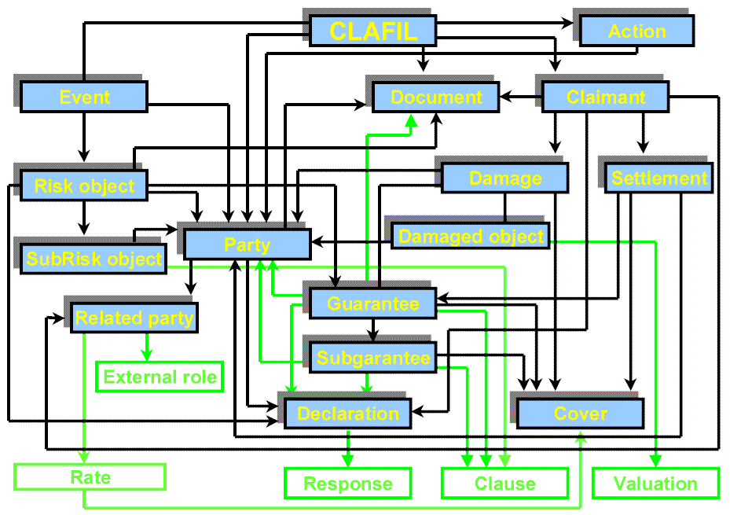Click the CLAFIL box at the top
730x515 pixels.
point(372,31)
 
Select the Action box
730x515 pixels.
point(636,31)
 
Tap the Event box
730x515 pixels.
point(84,97)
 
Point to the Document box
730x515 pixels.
point(436,97)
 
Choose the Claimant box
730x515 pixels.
point(605,97)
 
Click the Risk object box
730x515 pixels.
point(84,186)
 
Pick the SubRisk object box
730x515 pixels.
point(94,259)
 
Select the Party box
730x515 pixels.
point(247,245)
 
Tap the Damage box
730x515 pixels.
point(504,178)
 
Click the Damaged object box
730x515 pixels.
point(471,236)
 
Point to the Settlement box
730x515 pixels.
point(658,178)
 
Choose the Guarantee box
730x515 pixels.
point(372,304)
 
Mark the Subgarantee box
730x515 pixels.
point(372,359)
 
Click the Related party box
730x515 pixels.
point(134,318)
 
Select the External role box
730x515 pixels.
point(160,377)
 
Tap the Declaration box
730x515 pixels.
point(347,414)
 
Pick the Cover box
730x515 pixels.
point(580,414)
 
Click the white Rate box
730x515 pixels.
point(90,477)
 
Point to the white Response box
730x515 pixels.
point(347,484)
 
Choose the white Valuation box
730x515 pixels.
point(655,484)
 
